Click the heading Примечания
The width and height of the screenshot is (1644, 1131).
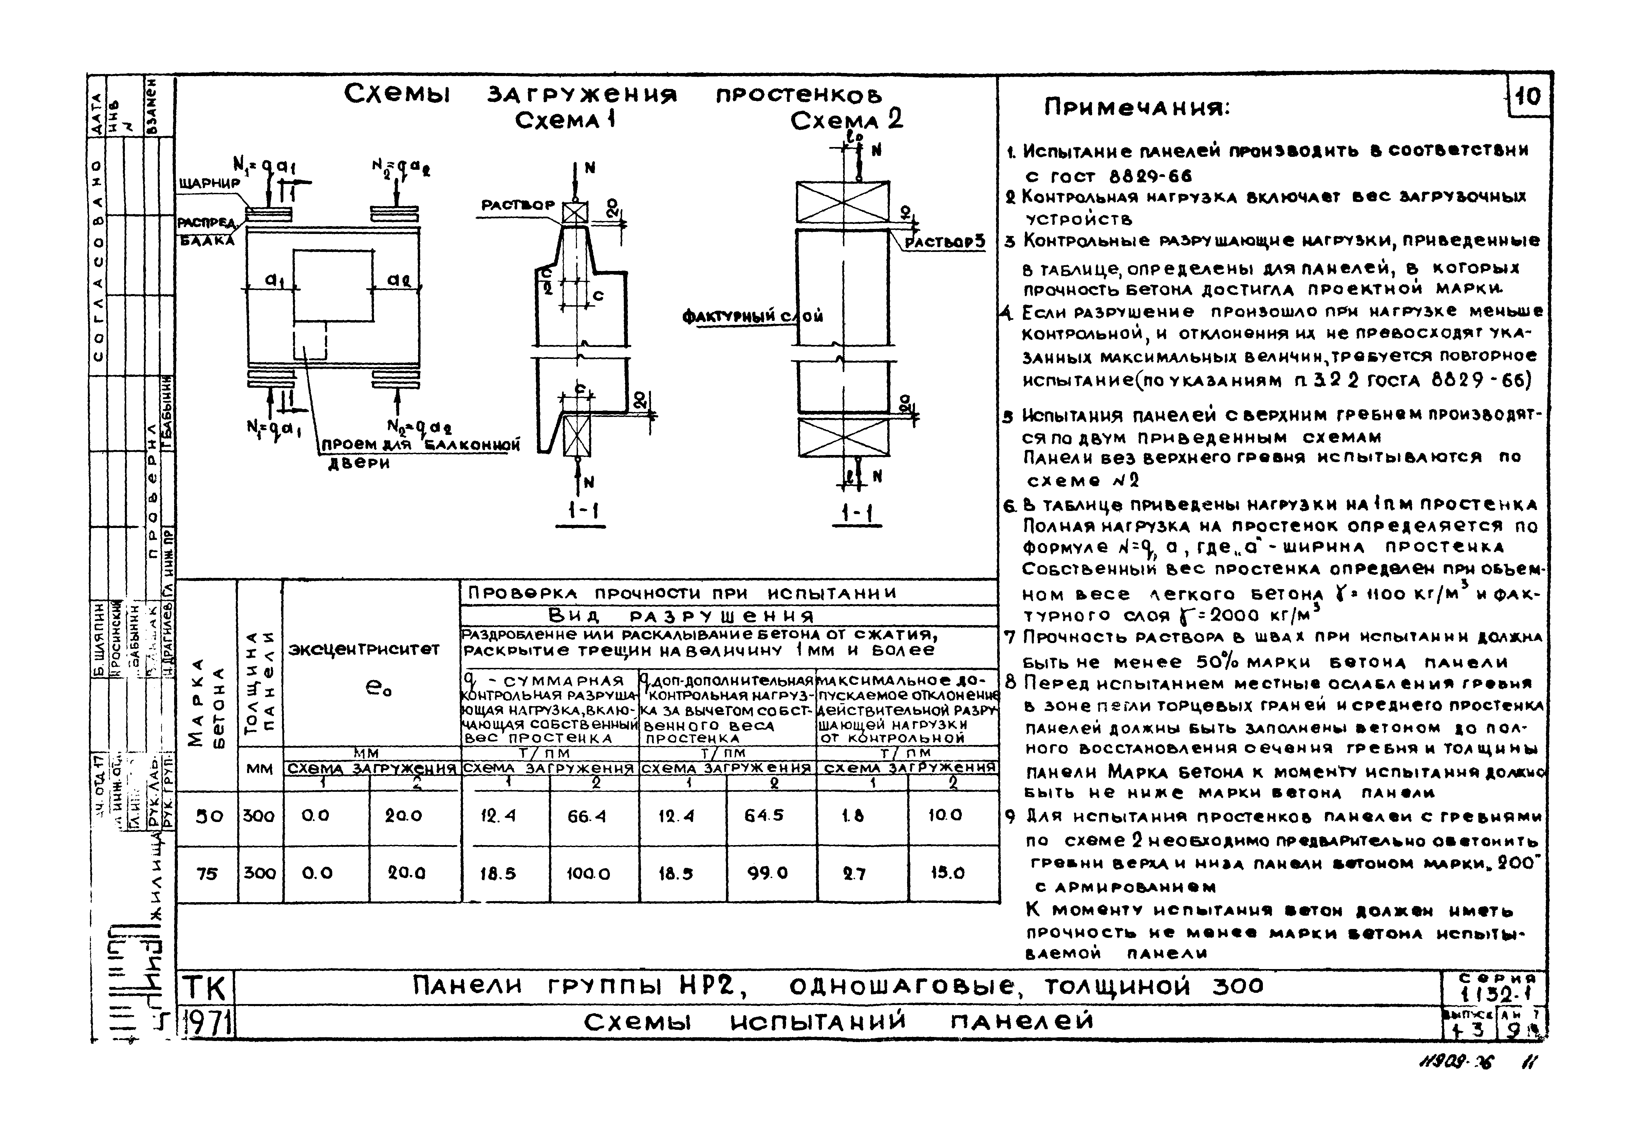[x=1138, y=108]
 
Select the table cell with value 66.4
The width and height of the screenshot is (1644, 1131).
[x=586, y=816]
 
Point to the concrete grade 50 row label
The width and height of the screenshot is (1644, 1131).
[x=209, y=816]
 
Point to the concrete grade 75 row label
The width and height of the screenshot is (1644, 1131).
[x=208, y=874]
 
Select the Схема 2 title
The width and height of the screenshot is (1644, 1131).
[x=846, y=121]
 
